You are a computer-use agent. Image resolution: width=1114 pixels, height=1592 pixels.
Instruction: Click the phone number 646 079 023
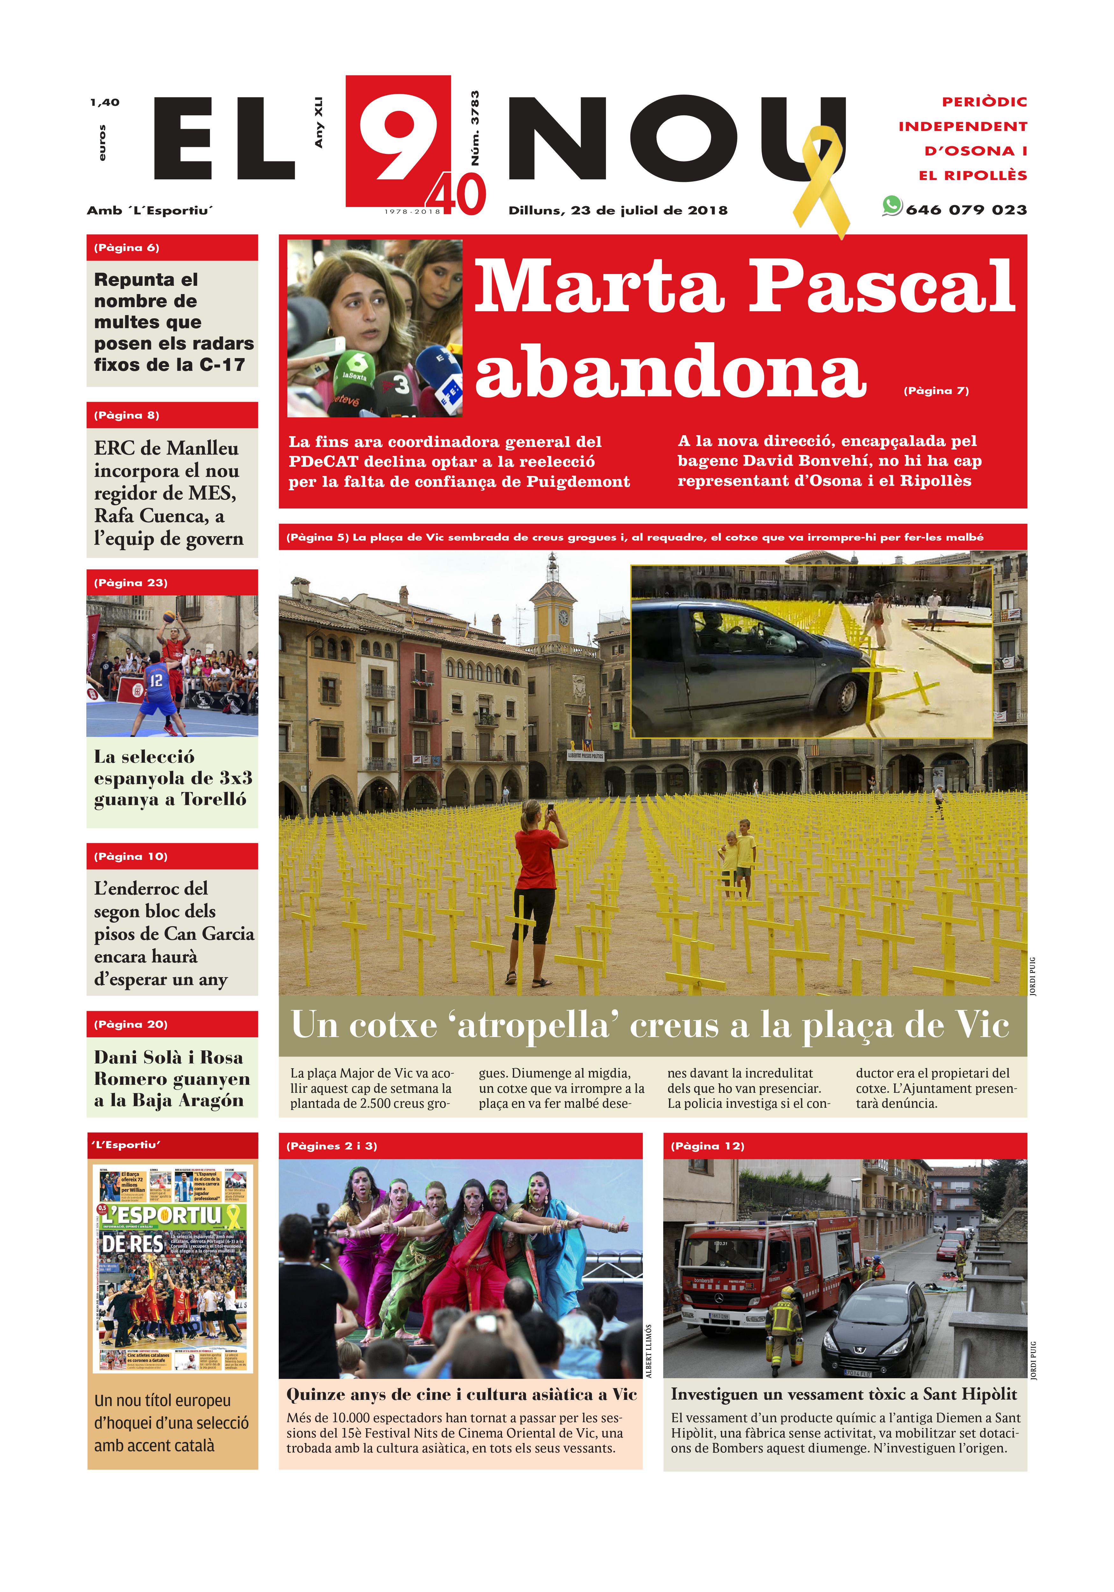[x=966, y=209]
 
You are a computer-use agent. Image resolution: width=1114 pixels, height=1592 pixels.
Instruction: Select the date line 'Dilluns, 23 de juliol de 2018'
[x=618, y=210]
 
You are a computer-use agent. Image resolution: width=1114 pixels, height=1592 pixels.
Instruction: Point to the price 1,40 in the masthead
[x=105, y=103]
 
